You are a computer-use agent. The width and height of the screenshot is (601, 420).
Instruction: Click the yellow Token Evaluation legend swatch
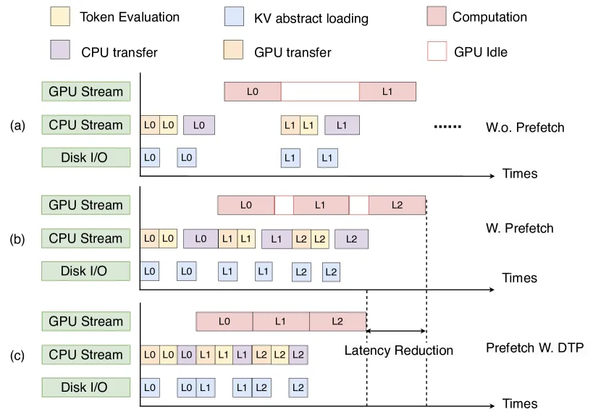(x=60, y=17)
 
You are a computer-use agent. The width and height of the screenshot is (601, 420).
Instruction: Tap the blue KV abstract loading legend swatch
(x=234, y=17)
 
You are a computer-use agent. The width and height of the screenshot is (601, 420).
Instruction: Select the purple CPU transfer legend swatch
(x=60, y=50)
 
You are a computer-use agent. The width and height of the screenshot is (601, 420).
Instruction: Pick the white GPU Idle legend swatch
(x=437, y=51)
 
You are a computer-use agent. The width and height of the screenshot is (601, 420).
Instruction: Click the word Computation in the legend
(x=489, y=17)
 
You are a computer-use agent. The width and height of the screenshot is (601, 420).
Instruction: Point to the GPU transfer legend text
(x=293, y=52)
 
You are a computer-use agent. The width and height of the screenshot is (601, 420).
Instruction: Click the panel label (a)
(x=17, y=125)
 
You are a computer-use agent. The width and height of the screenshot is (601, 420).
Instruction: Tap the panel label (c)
(x=17, y=356)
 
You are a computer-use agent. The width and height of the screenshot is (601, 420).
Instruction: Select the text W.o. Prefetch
(x=525, y=127)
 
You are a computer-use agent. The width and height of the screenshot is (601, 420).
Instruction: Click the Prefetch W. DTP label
(x=534, y=348)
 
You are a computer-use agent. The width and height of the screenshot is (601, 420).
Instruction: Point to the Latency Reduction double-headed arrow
(x=396, y=331)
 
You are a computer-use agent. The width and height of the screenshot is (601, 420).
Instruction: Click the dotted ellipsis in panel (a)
(x=447, y=127)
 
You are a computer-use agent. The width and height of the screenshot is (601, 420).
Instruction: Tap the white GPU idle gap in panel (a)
(x=320, y=91)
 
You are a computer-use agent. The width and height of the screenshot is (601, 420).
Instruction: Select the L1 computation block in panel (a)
(x=387, y=91)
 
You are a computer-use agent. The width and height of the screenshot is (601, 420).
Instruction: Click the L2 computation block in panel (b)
(x=397, y=205)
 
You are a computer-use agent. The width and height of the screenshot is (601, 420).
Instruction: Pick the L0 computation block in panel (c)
(x=224, y=322)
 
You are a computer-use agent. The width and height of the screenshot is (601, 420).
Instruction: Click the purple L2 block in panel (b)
(x=351, y=239)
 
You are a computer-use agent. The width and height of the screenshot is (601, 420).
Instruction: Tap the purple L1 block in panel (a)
(x=342, y=125)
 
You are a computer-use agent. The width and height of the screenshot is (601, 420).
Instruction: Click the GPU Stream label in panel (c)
(x=86, y=322)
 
